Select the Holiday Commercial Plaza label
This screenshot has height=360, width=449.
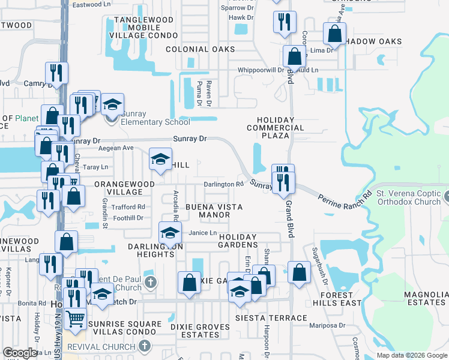[x=276, y=124]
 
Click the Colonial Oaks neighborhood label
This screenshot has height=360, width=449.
[x=200, y=49]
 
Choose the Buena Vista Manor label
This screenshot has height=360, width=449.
[x=214, y=211]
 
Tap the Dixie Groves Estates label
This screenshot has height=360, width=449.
[x=197, y=331]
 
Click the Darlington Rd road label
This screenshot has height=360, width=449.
[x=223, y=184]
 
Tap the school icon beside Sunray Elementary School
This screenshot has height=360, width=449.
[x=112, y=105]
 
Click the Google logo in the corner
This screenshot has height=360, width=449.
[x=20, y=353]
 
